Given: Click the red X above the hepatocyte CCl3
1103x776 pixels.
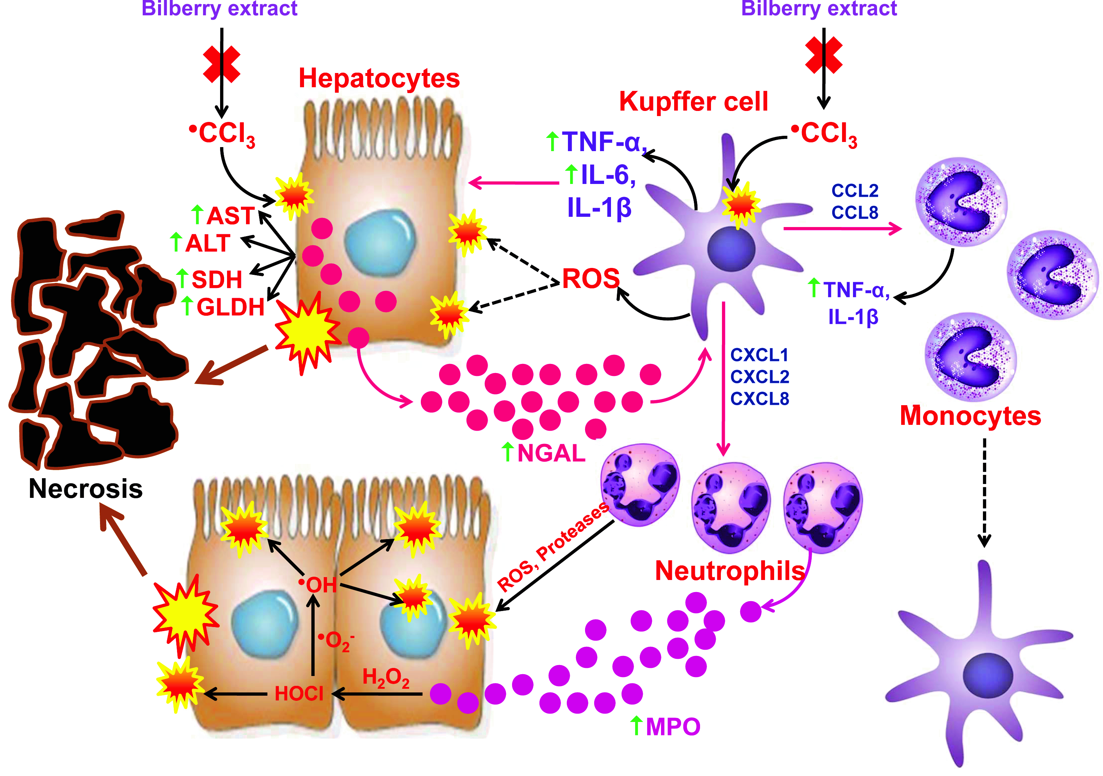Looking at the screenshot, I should (222, 64).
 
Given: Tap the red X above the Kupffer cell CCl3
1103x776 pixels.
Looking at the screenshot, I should (823, 55).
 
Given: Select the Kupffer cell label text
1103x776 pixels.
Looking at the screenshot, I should (693, 101).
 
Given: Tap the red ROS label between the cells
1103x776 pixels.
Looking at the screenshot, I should (591, 279).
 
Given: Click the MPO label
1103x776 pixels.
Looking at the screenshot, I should (673, 726).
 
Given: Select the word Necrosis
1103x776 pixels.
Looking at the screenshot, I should (85, 489).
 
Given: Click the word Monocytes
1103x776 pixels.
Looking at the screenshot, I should (970, 416).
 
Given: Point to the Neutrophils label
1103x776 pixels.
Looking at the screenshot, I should (730, 571).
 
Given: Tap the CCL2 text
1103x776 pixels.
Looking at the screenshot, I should (855, 191).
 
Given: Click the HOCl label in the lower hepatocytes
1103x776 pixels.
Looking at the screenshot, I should (299, 694).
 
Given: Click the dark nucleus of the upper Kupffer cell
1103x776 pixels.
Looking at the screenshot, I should (731, 249).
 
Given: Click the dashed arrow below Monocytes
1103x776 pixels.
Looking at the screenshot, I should (984, 492).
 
